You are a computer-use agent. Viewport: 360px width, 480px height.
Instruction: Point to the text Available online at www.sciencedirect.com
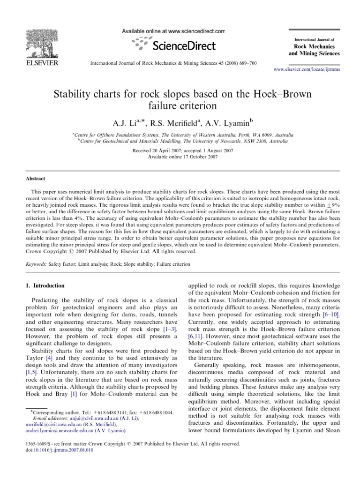pos(174,31)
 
